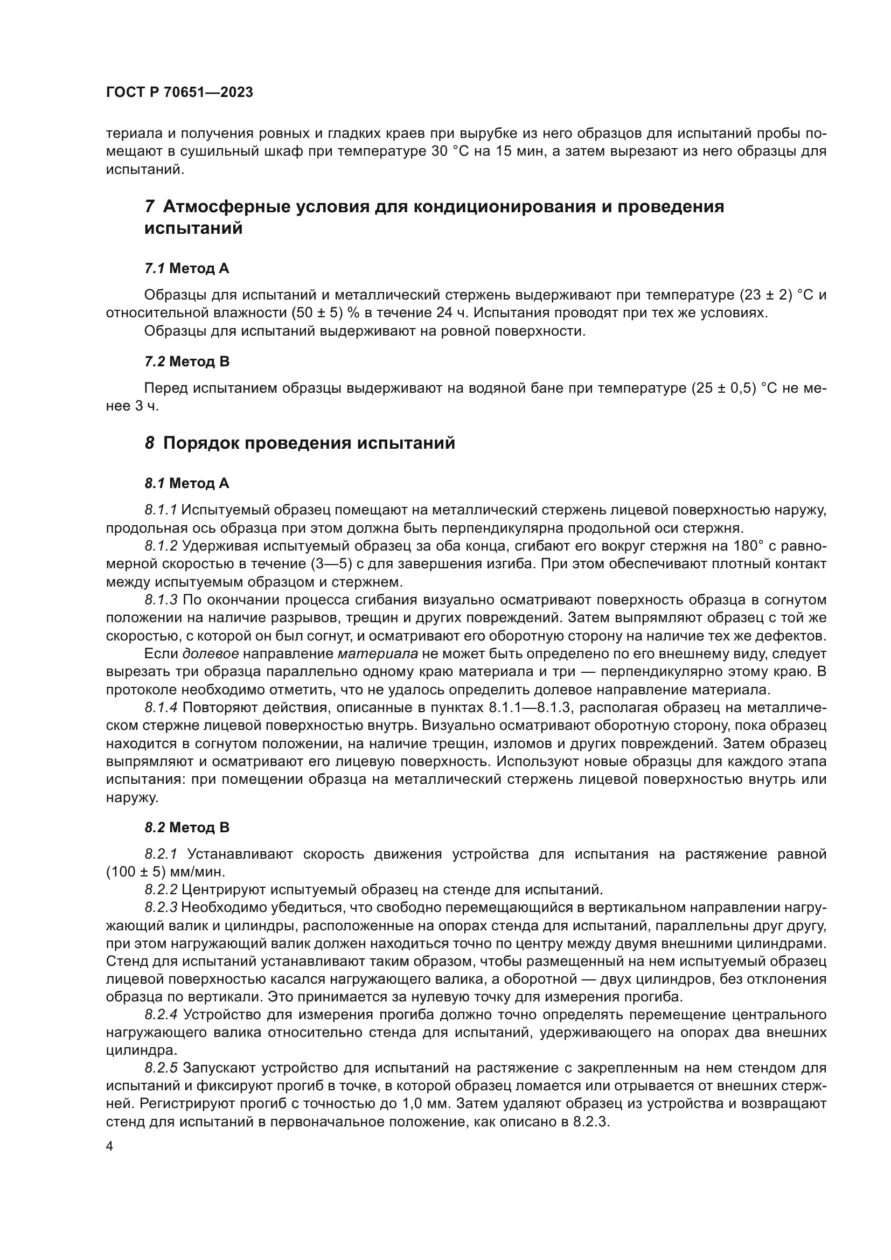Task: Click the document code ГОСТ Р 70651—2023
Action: [179, 92]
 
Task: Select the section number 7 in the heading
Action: [149, 207]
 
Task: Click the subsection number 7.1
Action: [154, 268]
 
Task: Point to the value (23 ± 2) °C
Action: [777, 295]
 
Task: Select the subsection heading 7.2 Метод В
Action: [186, 361]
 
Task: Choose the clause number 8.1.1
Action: [161, 510]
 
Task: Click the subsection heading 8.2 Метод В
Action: [186, 827]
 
